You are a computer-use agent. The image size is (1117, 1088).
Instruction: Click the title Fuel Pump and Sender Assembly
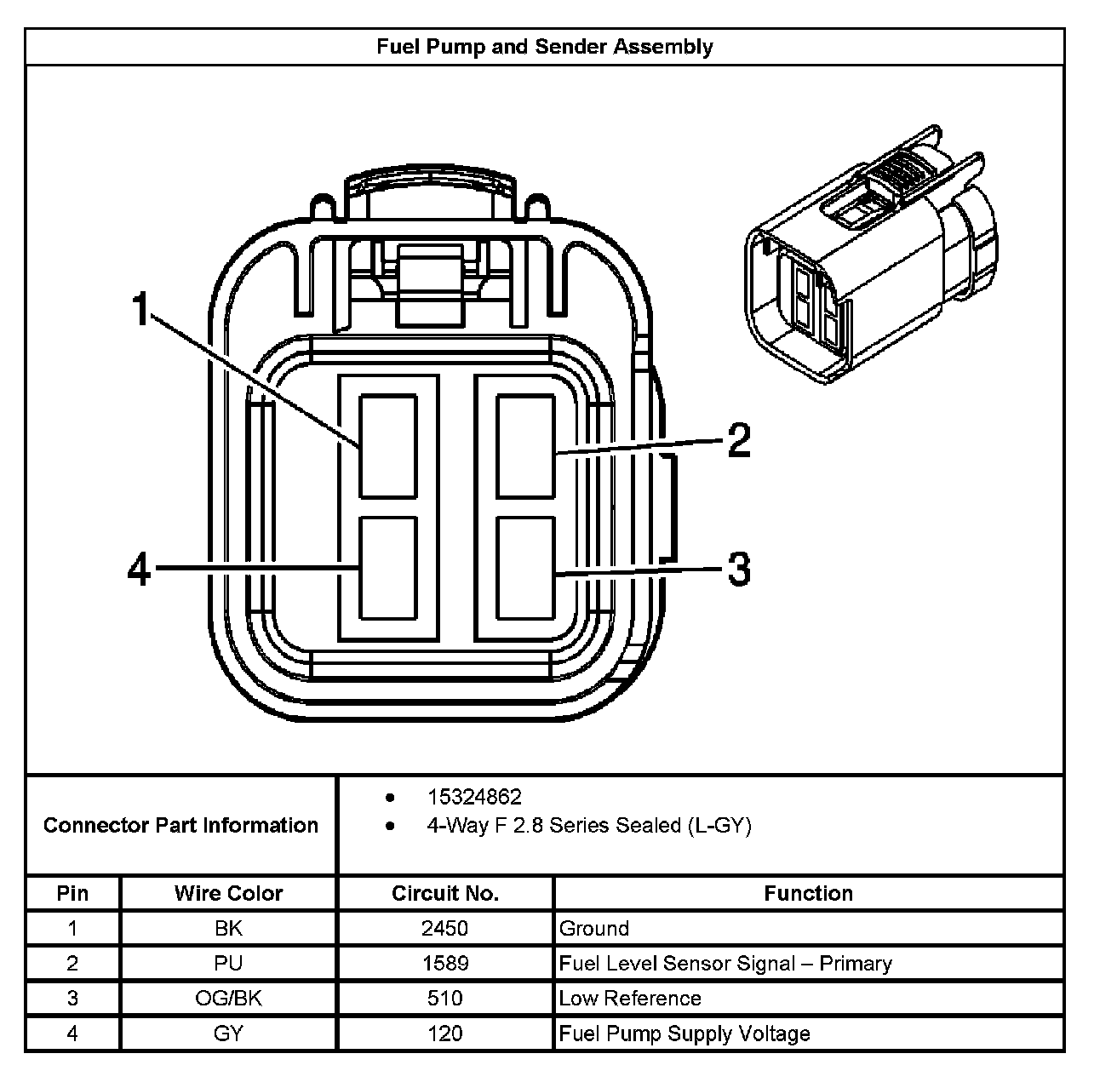[544, 47]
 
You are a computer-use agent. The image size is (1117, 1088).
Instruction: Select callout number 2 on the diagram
[738, 442]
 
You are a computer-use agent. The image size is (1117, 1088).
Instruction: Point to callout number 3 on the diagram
[738, 569]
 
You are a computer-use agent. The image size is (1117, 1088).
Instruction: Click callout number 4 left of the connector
[139, 569]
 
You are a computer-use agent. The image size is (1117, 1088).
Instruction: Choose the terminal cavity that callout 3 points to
[525, 568]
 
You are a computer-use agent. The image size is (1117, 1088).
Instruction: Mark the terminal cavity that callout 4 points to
[388, 568]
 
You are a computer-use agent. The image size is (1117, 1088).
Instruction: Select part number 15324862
[474, 797]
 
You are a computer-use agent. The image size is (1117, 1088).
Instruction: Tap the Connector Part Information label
[180, 825]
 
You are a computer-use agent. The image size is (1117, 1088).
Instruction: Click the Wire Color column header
[228, 893]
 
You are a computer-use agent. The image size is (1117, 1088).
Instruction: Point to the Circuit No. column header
[444, 893]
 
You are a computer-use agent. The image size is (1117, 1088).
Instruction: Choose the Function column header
[808, 893]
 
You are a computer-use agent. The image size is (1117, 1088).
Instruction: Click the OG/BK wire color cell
[228, 998]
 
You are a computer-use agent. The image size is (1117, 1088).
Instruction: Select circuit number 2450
[444, 928]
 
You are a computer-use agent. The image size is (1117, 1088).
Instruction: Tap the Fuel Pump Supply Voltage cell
[685, 1034]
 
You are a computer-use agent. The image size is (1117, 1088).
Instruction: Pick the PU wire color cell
[228, 963]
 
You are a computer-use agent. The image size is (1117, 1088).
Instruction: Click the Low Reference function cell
[630, 998]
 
